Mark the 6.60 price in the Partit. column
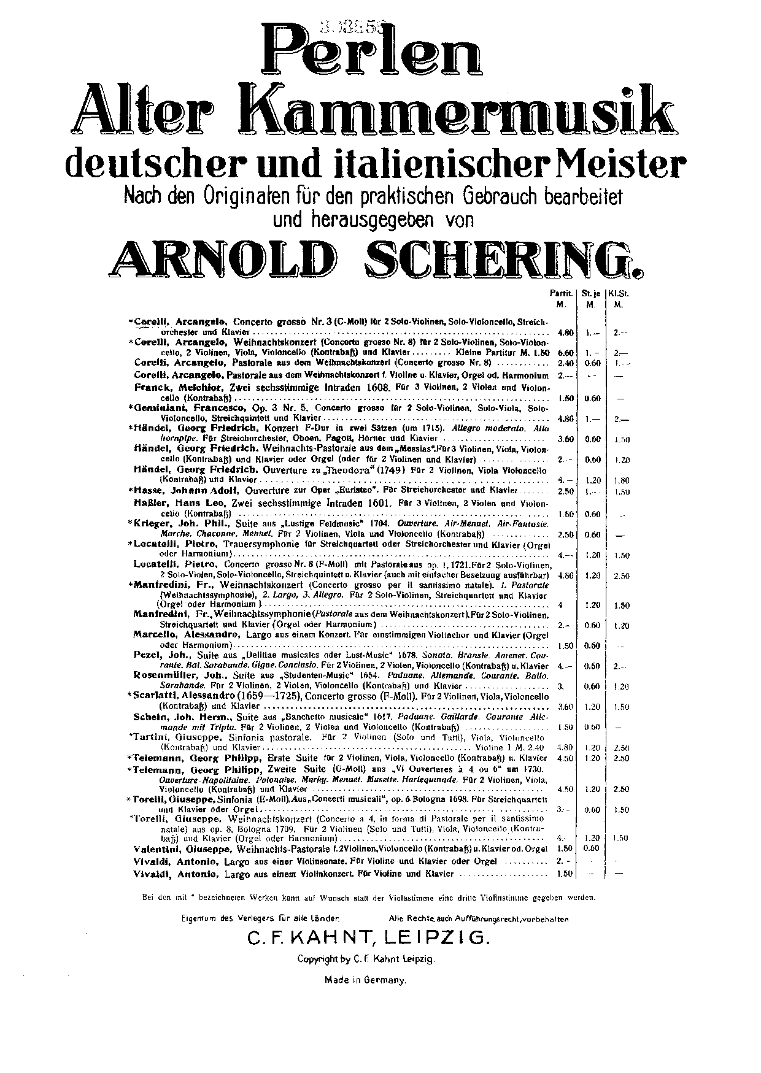564,353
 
